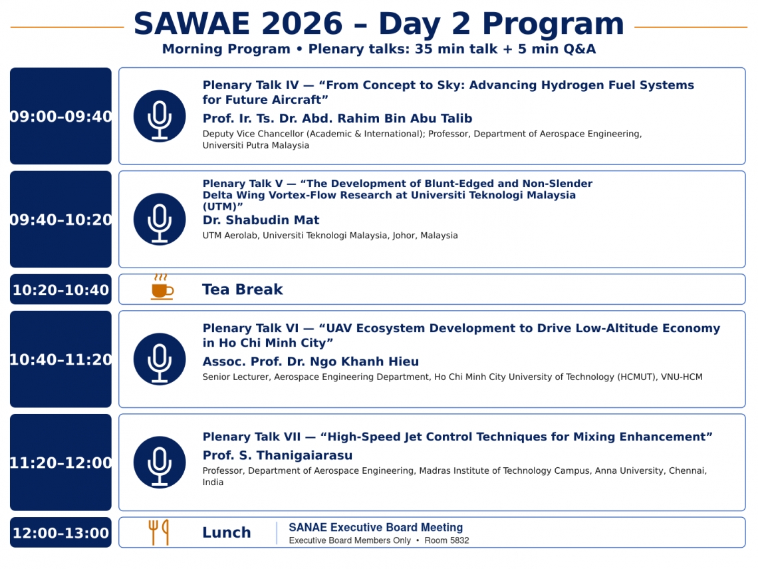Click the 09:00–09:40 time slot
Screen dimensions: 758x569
[61, 116]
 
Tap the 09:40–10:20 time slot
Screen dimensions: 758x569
[61, 219]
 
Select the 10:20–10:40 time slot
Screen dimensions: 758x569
[61, 289]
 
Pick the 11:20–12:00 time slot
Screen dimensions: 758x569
[61, 463]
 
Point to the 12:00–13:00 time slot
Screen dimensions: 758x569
[61, 532]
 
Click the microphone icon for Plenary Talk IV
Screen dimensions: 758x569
[160, 116]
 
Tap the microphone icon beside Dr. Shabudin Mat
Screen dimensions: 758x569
[160, 219]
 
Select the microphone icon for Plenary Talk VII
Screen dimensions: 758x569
[160, 463]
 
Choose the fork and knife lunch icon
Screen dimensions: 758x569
[158, 532]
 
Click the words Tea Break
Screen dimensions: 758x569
[242, 289]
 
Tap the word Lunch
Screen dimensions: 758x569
[226, 532]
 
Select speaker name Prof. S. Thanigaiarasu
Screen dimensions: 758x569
[277, 455]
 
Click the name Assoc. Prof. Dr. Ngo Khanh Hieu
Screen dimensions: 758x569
[311, 361]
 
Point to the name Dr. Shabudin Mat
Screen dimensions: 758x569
[261, 220]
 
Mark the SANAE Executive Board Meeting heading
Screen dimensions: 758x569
[376, 527]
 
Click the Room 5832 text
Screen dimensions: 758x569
[447, 540]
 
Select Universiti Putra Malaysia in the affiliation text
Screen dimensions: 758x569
[256, 145]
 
